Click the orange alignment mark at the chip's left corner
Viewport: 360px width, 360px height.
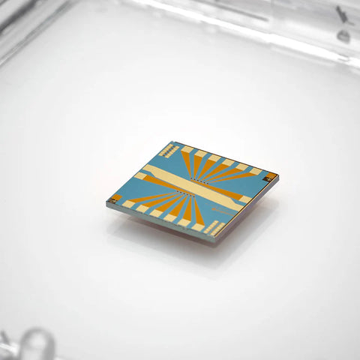[x=115, y=199]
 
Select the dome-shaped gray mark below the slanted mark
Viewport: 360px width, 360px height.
[x=343, y=34]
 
